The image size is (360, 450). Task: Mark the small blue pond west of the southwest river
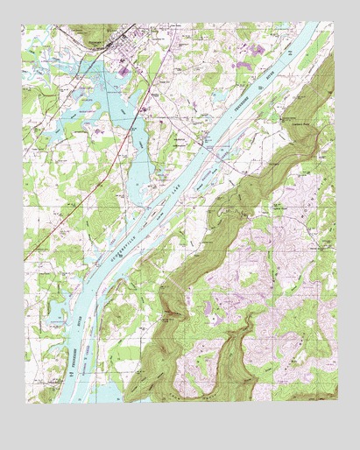point(54,308)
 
